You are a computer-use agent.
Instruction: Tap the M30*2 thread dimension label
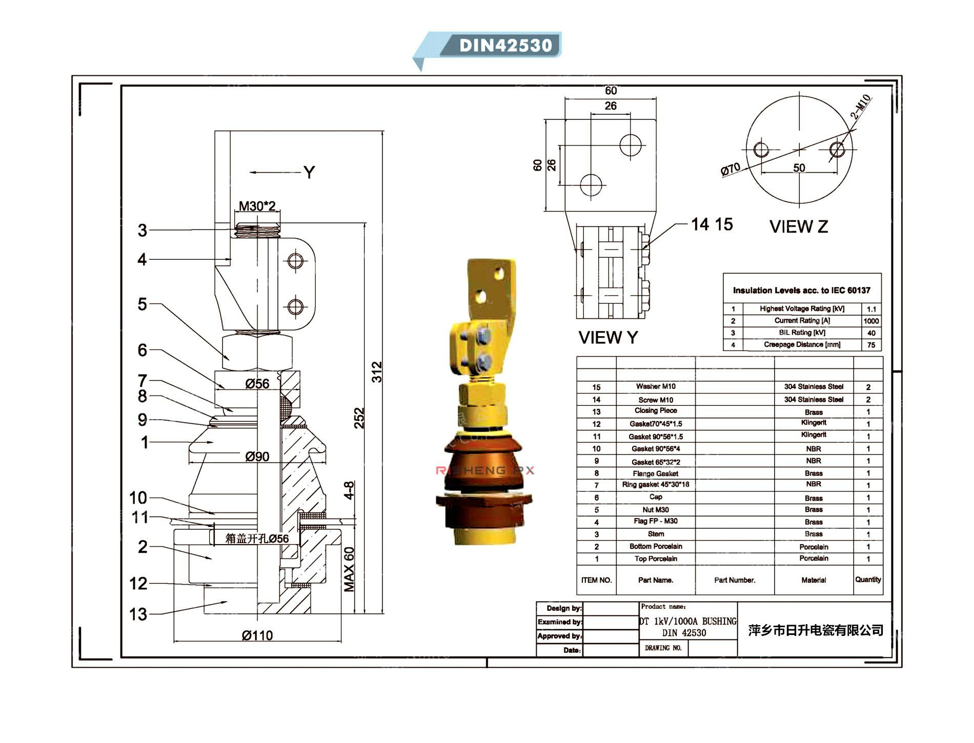pyautogui.click(x=257, y=206)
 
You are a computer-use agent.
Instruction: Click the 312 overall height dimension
pyautogui.click(x=377, y=371)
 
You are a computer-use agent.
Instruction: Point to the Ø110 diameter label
pyautogui.click(x=257, y=635)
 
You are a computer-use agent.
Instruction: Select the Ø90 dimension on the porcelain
pyautogui.click(x=257, y=456)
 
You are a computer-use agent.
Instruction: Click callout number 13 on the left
pyautogui.click(x=138, y=614)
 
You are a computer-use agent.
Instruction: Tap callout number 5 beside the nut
pyautogui.click(x=142, y=304)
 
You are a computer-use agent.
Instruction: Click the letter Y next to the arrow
pyautogui.click(x=309, y=173)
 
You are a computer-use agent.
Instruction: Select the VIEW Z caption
pyautogui.click(x=798, y=226)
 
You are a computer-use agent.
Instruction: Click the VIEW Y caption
pyautogui.click(x=608, y=338)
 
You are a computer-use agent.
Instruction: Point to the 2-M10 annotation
pyautogui.click(x=861, y=107)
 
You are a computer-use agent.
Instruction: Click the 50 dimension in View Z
pyautogui.click(x=799, y=168)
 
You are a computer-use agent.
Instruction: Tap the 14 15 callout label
pyautogui.click(x=712, y=224)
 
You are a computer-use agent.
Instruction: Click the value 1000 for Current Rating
pyautogui.click(x=871, y=321)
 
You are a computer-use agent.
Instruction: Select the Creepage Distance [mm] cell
pyautogui.click(x=802, y=344)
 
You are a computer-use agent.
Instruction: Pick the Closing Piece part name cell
pyautogui.click(x=655, y=411)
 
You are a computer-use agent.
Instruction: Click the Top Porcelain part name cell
pyautogui.click(x=655, y=559)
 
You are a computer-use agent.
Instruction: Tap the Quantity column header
pyautogui.click(x=867, y=580)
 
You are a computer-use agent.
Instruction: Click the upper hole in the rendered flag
pyautogui.click(x=499, y=275)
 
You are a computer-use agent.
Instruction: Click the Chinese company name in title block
pyautogui.click(x=815, y=630)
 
